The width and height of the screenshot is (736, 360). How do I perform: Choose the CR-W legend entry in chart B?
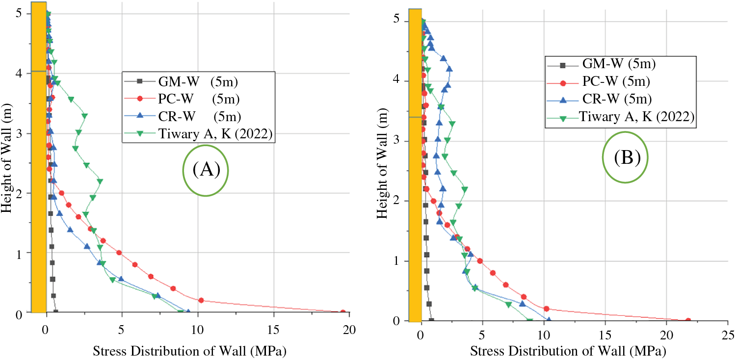click(x=616, y=99)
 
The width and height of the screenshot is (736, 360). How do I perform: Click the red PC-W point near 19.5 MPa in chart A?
click(x=342, y=312)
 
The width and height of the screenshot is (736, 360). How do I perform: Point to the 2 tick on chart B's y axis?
click(x=397, y=201)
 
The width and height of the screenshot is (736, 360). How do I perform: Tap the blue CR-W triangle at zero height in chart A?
click(x=187, y=311)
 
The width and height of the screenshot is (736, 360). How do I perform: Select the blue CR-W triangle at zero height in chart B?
click(x=548, y=320)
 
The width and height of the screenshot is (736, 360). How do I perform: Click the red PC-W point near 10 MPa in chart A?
click(x=201, y=300)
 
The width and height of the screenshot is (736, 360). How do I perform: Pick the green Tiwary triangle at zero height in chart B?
click(x=529, y=321)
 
